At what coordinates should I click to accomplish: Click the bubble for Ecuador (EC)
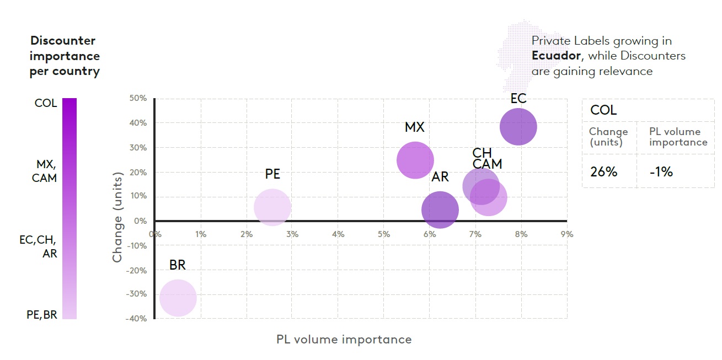[x=518, y=127]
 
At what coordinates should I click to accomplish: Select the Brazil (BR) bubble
[x=178, y=298]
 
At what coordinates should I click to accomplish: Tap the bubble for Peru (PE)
[x=272, y=207]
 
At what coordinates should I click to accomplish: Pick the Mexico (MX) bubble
[x=415, y=160]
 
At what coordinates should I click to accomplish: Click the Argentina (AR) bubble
[x=440, y=210]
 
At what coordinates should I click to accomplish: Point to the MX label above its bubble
[x=415, y=127]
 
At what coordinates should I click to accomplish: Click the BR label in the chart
[x=178, y=265]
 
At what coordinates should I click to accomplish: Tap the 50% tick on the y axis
[x=138, y=99]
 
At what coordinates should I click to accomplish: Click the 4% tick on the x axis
[x=338, y=234]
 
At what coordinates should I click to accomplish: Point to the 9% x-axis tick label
[x=567, y=234]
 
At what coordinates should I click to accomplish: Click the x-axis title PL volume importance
[x=344, y=340]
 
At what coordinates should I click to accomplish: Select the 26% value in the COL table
[x=603, y=172]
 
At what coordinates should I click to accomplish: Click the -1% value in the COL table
[x=661, y=172]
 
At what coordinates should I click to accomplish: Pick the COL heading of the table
[x=603, y=110]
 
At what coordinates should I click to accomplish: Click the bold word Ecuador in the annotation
[x=556, y=56]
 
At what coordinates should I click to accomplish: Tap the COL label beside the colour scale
[x=46, y=103]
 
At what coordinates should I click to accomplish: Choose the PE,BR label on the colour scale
[x=42, y=315]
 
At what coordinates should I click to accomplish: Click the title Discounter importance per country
[x=65, y=56]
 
